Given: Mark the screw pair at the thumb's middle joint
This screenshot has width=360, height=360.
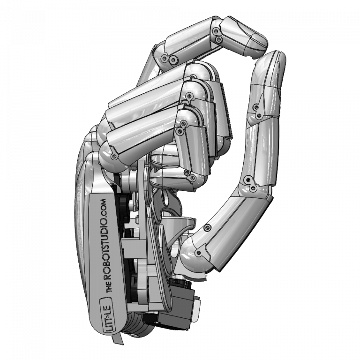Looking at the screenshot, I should coord(250,185).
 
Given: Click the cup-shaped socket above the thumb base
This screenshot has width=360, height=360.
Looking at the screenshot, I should coord(180,225).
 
